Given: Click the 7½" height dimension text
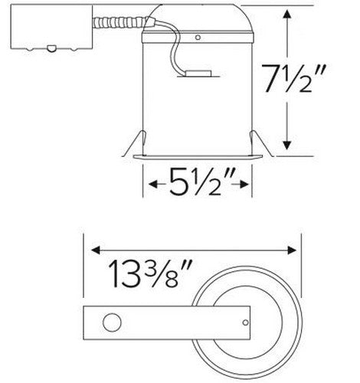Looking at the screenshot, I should tap(316, 78).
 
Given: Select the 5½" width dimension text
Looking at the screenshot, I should tap(198, 185).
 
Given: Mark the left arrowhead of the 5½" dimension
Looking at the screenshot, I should tap(149, 185).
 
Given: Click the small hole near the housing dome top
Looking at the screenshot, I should tap(198, 37).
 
